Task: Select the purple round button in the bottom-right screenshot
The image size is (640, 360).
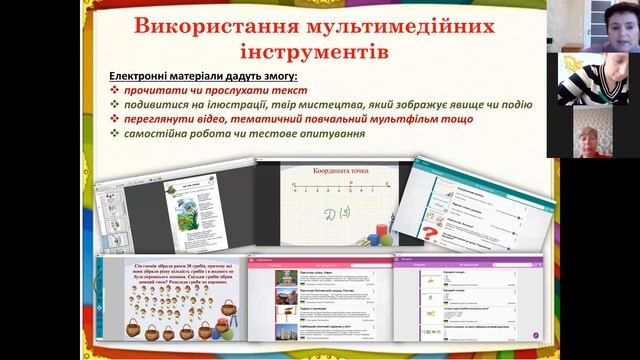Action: pyautogui.click(x=536, y=333)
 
